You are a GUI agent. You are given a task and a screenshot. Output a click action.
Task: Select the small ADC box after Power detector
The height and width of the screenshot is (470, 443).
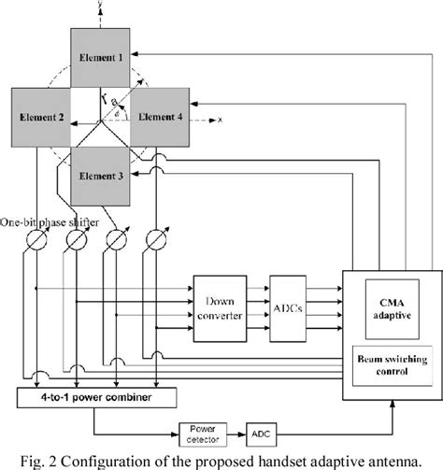point(261,433)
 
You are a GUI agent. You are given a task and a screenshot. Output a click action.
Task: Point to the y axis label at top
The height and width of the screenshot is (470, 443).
point(100,6)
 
